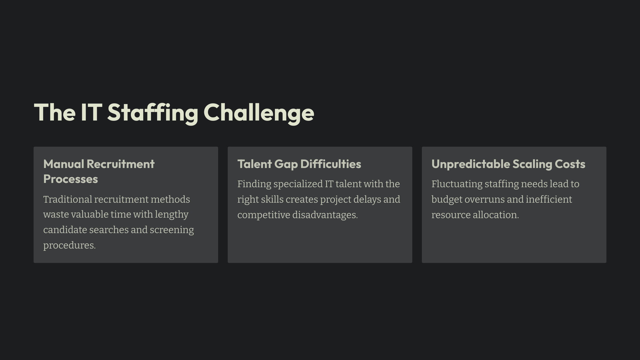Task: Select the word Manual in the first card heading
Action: [x=64, y=164]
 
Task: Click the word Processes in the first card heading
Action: [x=71, y=179]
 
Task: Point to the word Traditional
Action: [x=68, y=199]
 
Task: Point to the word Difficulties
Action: [x=331, y=164]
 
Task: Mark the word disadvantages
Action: [x=325, y=215]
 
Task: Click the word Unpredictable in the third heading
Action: [x=471, y=164]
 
